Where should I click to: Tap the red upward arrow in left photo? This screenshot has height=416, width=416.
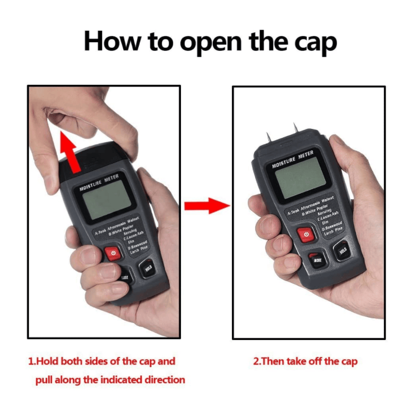tap(70, 151)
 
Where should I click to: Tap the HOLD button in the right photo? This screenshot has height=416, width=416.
tap(342, 251)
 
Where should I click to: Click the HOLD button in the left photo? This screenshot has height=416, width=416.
tap(147, 268)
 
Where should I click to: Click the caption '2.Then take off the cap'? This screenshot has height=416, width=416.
tap(305, 361)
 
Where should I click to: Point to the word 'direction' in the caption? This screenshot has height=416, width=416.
tap(162, 380)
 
